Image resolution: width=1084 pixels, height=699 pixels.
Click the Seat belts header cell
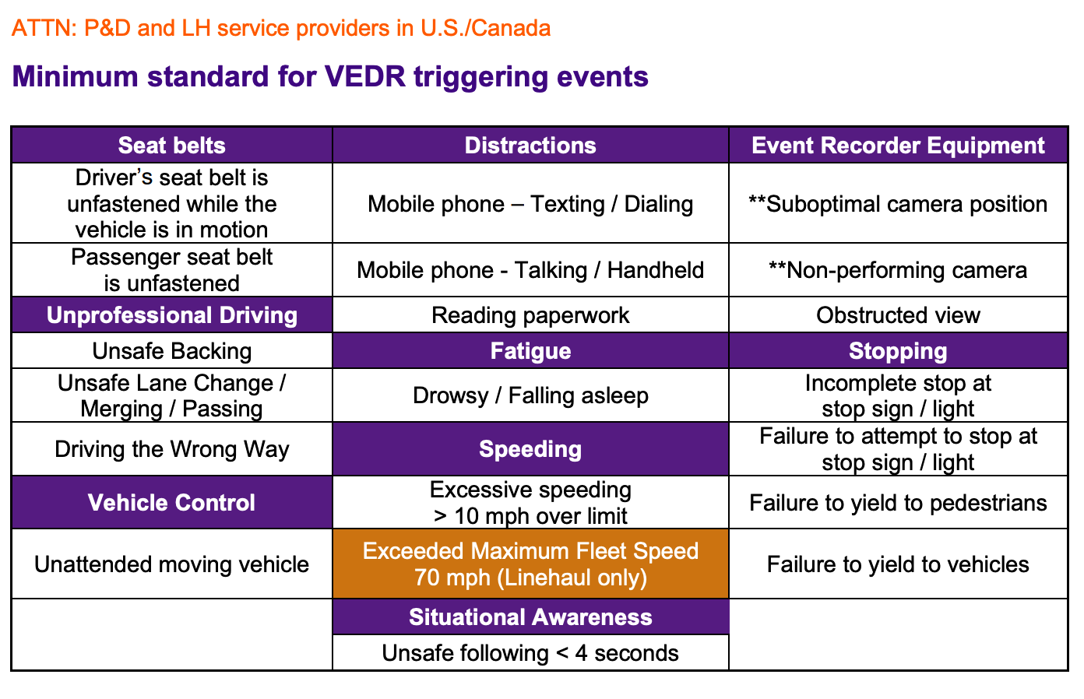(171, 146)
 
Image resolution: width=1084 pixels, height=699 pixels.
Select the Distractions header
(530, 146)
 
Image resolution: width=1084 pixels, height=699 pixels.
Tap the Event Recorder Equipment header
(898, 146)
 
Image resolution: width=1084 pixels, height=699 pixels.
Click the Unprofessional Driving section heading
(171, 315)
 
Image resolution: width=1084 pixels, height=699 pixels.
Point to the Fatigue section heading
(530, 351)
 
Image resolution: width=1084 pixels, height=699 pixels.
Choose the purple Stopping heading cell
(898, 351)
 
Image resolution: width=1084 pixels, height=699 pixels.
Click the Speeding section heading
(530, 449)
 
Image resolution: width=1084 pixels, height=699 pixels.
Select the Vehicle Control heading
(171, 503)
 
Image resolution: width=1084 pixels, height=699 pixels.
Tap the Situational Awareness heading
(530, 617)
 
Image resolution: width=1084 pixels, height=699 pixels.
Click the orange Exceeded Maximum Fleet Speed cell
(530, 564)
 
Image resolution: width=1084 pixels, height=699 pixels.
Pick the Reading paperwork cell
(530, 315)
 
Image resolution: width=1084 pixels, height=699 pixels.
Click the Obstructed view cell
(898, 315)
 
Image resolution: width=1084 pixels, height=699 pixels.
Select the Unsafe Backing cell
(171, 351)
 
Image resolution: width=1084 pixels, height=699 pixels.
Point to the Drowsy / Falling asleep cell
(530, 395)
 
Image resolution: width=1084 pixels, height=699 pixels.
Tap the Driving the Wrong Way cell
(171, 449)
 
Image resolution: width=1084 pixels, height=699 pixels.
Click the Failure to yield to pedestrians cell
(898, 503)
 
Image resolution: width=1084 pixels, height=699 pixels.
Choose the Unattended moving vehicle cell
(171, 564)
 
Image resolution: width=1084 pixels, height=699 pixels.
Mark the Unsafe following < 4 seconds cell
(530, 653)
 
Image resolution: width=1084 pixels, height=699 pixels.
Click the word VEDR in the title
(362, 77)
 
